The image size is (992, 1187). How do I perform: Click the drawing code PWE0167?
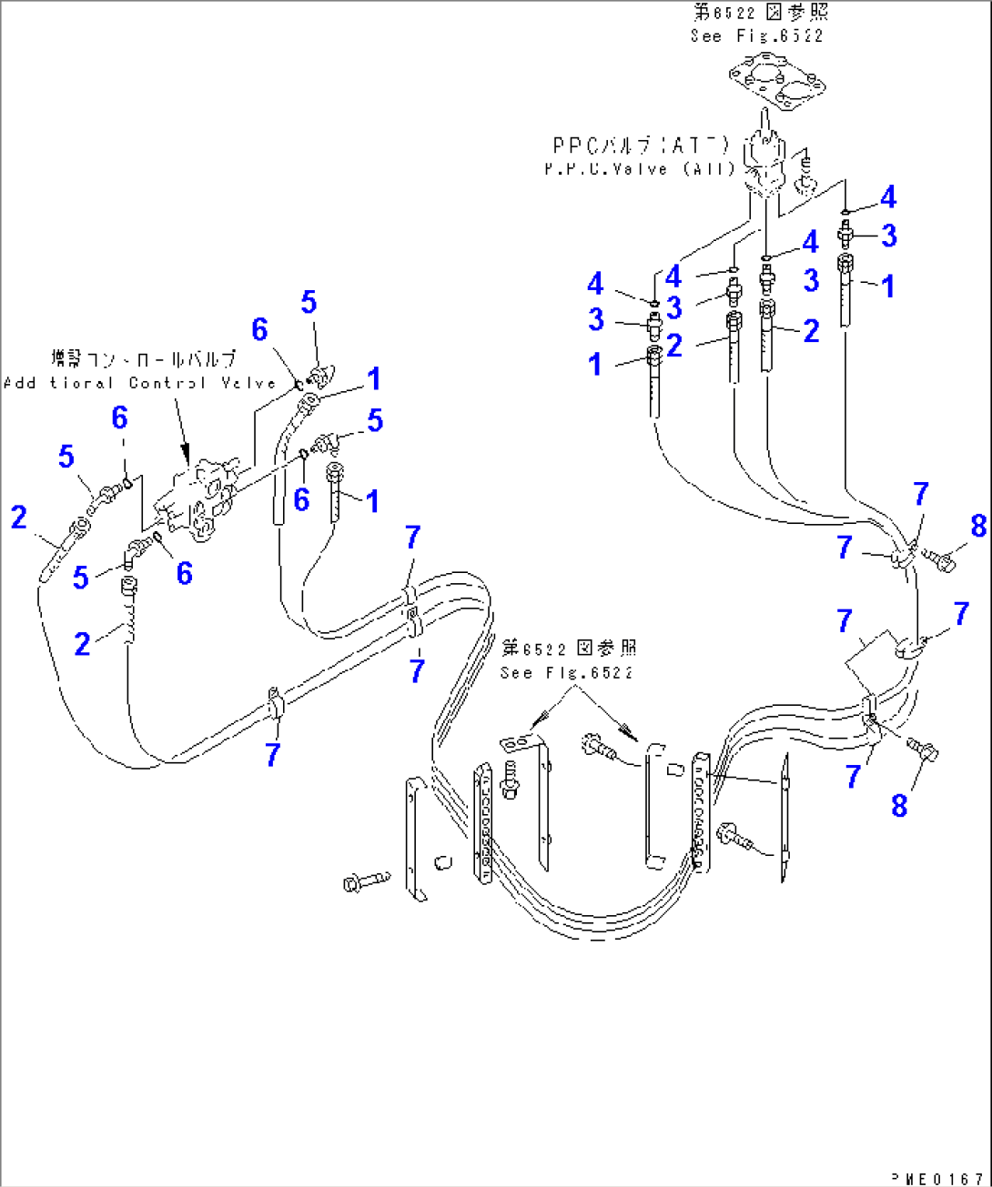click(x=939, y=1179)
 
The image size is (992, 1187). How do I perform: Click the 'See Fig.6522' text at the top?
click(x=756, y=36)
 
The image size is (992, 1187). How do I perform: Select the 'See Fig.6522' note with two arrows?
click(x=566, y=673)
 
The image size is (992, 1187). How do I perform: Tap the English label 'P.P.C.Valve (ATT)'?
click(x=639, y=169)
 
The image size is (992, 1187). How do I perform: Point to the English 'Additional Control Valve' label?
click(x=139, y=383)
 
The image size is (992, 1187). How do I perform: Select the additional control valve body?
click(x=197, y=498)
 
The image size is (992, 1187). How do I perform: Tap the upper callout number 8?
click(x=978, y=526)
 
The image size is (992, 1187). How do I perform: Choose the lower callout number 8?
click(x=899, y=805)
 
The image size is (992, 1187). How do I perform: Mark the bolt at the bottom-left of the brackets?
click(x=365, y=881)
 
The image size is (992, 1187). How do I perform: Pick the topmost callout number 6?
click(x=260, y=329)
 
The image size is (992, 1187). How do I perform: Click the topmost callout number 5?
click(x=309, y=302)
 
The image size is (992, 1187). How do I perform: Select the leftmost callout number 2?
click(x=19, y=518)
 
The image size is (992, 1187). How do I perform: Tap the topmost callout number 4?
click(x=888, y=197)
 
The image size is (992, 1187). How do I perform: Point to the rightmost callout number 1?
click(x=888, y=286)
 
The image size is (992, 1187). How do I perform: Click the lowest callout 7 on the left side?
click(x=273, y=754)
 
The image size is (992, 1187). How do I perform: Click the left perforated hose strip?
click(x=482, y=823)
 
